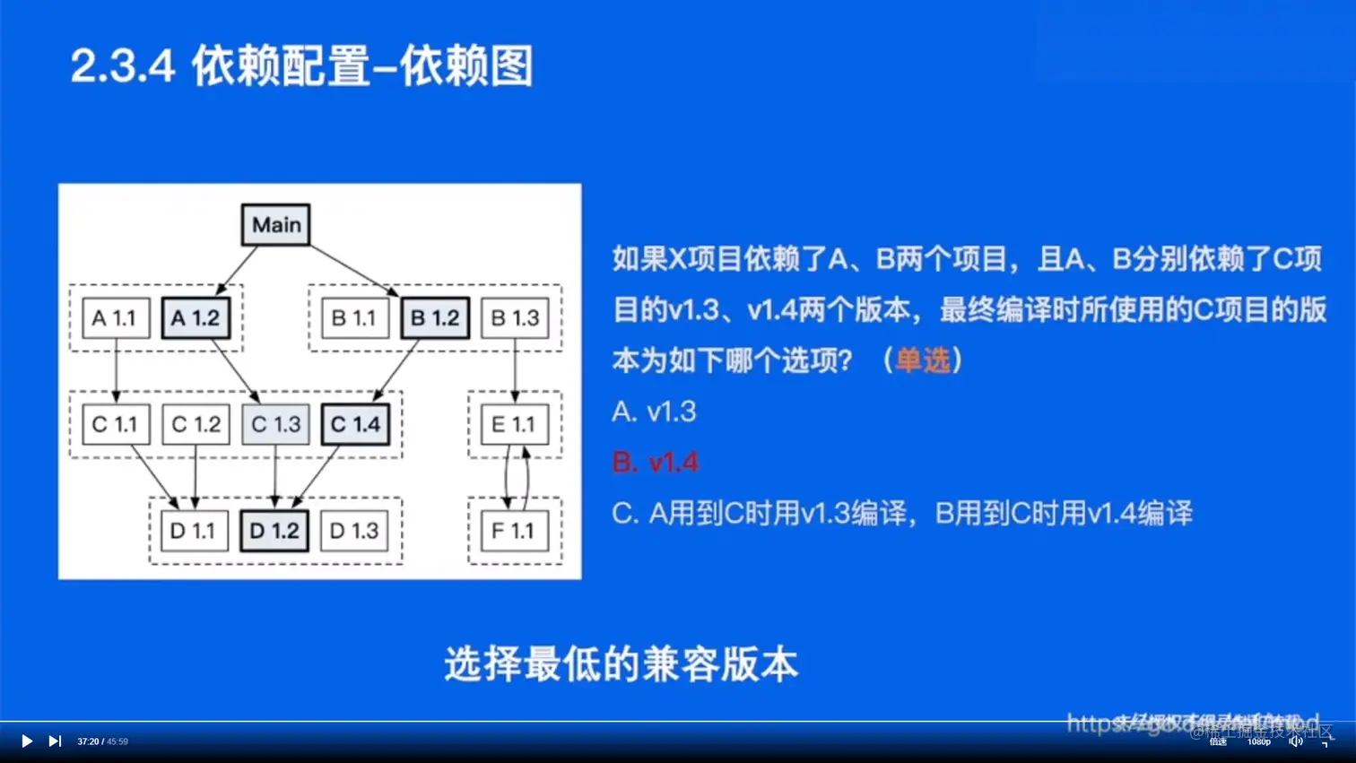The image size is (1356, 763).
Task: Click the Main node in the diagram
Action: [276, 224]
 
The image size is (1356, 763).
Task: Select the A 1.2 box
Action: [196, 318]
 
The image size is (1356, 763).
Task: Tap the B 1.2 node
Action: [435, 318]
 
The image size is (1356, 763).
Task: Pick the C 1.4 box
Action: [355, 424]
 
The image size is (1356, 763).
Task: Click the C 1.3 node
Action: [275, 424]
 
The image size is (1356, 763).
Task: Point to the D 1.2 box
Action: [274, 531]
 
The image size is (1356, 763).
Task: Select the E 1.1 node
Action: [514, 424]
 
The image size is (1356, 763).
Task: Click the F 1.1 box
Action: [514, 531]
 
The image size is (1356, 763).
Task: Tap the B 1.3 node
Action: [515, 318]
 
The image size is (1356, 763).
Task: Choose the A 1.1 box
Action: [116, 318]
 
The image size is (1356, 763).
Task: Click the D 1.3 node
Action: [354, 531]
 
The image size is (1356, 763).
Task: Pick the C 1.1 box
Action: [116, 424]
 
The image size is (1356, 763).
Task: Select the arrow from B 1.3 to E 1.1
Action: [515, 369]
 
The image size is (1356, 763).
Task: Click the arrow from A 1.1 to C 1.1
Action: [116, 369]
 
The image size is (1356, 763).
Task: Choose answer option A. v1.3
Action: [654, 412]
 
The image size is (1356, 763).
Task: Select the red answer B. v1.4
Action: [655, 463]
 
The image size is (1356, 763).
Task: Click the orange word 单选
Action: [922, 360]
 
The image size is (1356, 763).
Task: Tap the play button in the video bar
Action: [27, 741]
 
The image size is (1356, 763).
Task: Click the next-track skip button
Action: [55, 741]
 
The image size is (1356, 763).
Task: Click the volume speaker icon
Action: [1295, 741]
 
